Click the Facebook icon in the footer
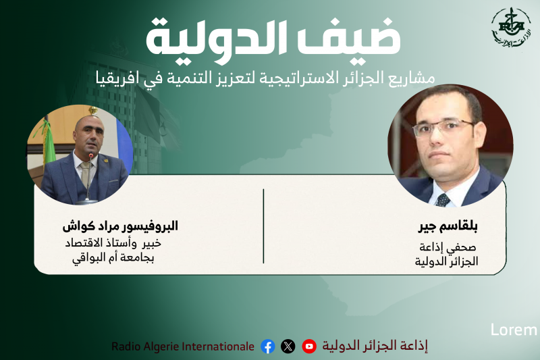268,346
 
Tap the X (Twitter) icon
288,346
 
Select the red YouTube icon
309,346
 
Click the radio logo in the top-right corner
510,28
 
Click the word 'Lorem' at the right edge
514,330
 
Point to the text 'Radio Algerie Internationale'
183,346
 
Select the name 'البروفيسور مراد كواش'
120,226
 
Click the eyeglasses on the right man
442,128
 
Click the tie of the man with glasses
443,199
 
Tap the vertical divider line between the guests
263,226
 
